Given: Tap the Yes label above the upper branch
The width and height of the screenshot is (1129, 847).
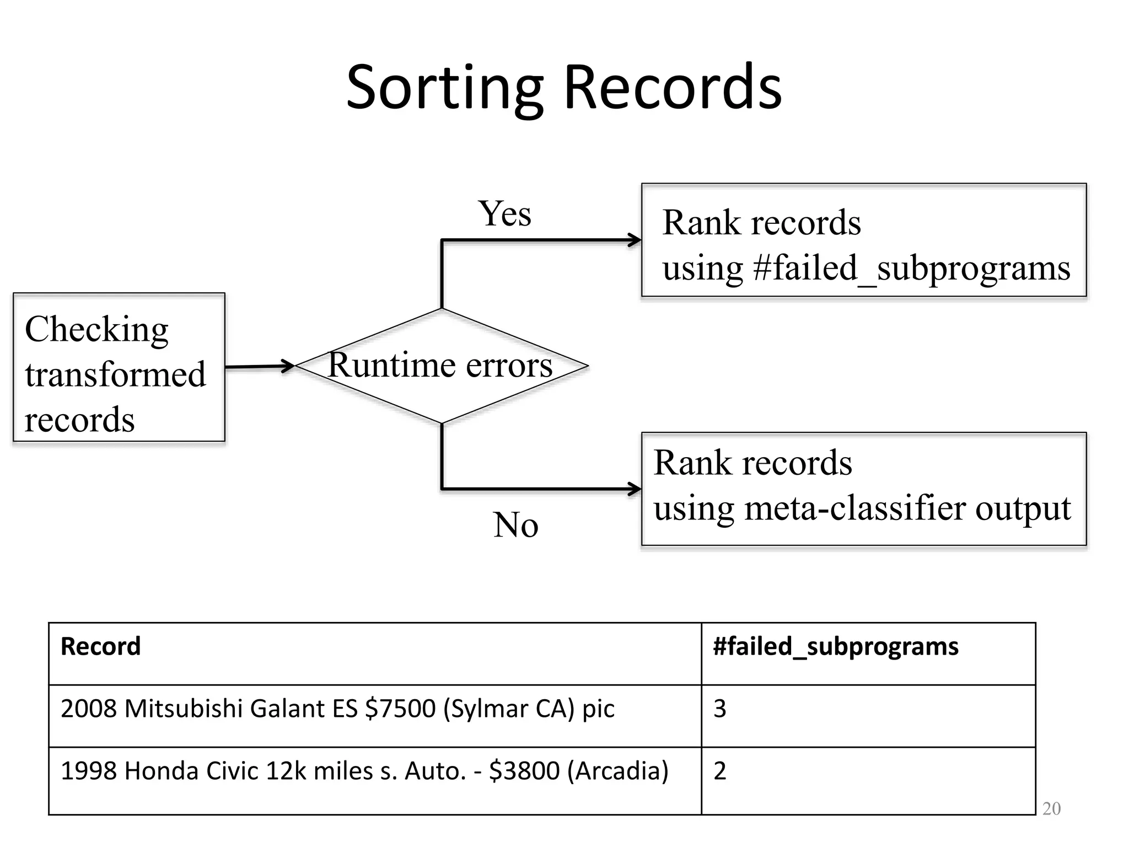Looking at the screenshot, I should click(504, 213).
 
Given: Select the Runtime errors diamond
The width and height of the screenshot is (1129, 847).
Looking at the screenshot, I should click(442, 366).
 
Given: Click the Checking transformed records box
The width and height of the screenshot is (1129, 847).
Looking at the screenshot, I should click(119, 367).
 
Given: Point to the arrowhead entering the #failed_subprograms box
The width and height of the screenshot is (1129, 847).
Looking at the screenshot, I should click(635, 240).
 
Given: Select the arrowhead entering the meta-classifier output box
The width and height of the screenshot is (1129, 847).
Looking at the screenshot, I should click(635, 489).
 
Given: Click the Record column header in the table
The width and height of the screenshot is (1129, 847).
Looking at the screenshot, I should click(101, 646).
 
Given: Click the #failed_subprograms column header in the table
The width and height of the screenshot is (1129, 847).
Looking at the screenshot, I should click(835, 646).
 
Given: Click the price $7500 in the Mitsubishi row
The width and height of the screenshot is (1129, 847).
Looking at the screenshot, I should click(400, 709).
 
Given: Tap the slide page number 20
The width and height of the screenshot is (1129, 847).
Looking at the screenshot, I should click(1051, 809).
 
